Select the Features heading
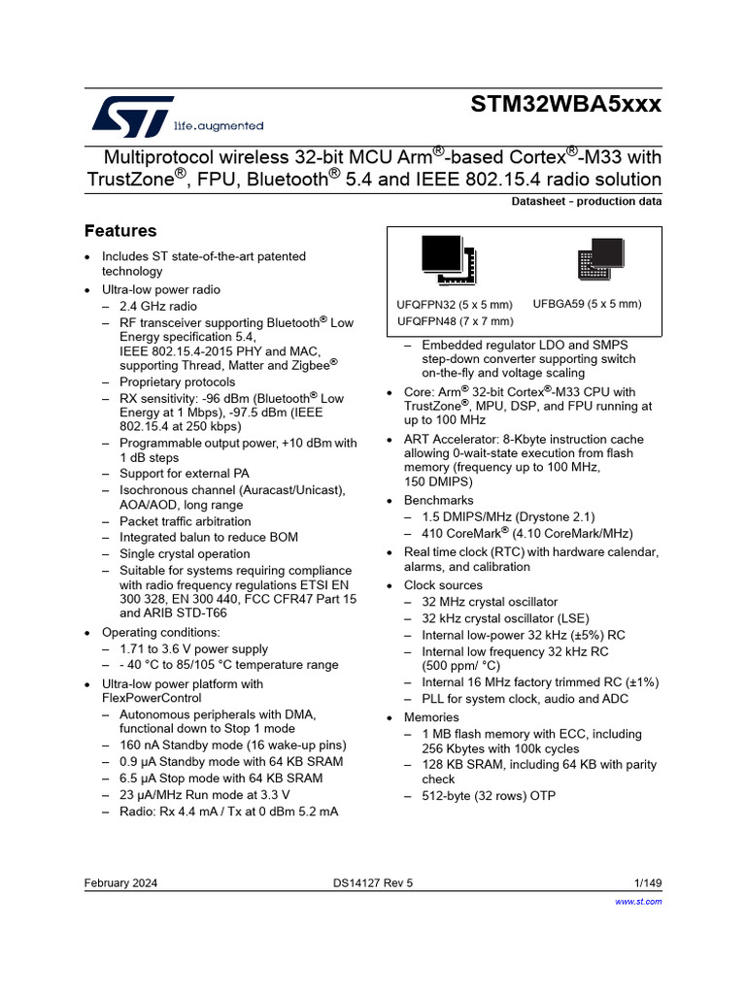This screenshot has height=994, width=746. point(120,231)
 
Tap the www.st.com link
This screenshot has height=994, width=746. point(639,902)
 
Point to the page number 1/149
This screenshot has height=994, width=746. point(647,883)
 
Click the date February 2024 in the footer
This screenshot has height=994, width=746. point(121,883)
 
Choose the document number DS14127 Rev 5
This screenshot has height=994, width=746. point(372,883)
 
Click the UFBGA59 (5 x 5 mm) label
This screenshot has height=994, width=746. point(587,305)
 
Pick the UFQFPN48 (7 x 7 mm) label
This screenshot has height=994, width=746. point(456,320)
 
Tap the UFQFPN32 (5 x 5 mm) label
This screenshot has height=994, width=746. point(456,305)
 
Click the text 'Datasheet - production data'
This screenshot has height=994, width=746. point(586,202)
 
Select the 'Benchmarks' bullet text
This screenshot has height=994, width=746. point(437,500)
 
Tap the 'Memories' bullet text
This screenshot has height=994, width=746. point(432,717)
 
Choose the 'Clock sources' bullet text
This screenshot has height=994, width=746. point(443,585)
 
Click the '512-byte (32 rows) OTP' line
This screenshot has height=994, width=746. point(490,796)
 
